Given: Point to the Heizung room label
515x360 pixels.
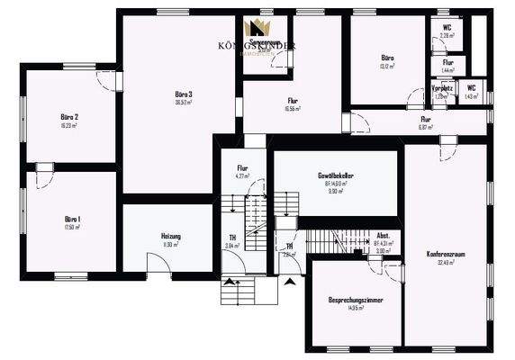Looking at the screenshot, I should coord(171,236).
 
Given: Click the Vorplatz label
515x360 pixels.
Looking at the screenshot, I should coord(441,88).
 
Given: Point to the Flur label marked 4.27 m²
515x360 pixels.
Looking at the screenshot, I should coord(242,168).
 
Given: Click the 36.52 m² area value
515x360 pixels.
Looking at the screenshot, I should coord(185,103).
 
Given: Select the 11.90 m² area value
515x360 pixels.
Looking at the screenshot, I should coord(171,244).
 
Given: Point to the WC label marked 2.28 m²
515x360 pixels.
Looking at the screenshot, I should coord(447,28).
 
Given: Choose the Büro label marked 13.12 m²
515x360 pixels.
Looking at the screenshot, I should coord(388,58).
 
